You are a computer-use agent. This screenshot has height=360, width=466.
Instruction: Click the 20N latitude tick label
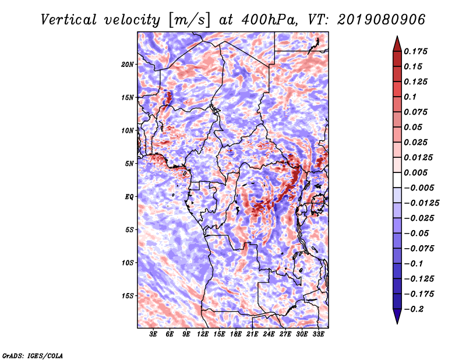pyautogui.click(x=127, y=64)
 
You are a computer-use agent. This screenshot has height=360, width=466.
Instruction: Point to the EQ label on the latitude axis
pyautogui.click(x=129, y=197)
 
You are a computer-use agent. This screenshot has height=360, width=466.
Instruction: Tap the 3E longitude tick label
pyautogui.click(x=153, y=334)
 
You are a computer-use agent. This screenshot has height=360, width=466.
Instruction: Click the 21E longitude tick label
pyautogui.click(x=252, y=334)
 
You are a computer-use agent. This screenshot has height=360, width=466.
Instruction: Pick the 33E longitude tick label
pyautogui.click(x=318, y=334)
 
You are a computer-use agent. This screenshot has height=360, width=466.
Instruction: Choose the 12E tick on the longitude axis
pyautogui.click(x=203, y=334)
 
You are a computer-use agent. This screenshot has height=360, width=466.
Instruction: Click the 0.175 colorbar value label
pyautogui.click(x=415, y=51)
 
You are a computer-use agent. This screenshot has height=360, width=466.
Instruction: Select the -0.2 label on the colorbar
pyautogui.click(x=414, y=309)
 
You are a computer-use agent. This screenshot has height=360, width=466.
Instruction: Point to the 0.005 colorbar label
pyautogui.click(x=415, y=172)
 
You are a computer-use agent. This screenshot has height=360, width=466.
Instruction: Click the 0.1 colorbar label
pyautogui.click(x=410, y=97)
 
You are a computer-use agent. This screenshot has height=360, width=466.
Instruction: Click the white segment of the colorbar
pyautogui.click(x=397, y=180)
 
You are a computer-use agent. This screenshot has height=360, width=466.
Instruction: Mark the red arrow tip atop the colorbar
pyautogui.click(x=397, y=36)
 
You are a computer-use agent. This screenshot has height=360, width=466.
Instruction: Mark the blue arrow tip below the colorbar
pyautogui.click(x=397, y=323)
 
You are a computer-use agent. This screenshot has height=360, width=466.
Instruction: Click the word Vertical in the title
pyautogui.click(x=69, y=20)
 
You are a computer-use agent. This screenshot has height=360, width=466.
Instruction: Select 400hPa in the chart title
pyautogui.click(x=269, y=20)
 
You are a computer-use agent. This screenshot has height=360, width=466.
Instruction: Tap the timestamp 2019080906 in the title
pyautogui.click(x=382, y=20)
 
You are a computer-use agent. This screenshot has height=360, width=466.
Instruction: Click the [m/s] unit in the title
pyautogui.click(x=189, y=20)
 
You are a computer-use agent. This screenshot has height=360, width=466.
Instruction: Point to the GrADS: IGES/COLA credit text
pyautogui.click(x=33, y=355)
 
